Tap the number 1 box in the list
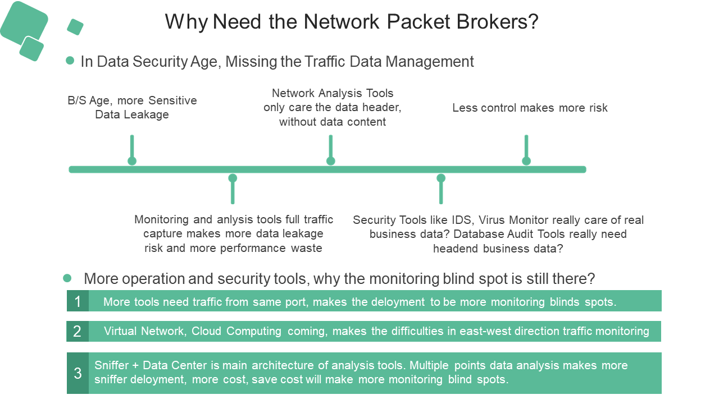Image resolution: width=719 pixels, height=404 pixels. click(78, 301)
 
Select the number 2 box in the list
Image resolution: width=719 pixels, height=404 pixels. click(78, 332)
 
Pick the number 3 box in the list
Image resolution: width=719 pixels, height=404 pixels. click(78, 373)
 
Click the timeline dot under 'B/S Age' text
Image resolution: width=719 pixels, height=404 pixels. click(132, 161)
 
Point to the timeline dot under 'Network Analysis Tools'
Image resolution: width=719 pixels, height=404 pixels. click(331, 161)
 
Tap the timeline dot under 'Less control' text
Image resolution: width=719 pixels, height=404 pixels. click(526, 161)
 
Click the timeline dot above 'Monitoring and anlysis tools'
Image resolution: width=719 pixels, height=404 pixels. click(233, 178)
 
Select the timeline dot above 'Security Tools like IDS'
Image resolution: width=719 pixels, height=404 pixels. click(441, 178)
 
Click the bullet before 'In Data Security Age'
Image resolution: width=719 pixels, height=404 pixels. click(70, 61)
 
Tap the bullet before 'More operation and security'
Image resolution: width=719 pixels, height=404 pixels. click(67, 278)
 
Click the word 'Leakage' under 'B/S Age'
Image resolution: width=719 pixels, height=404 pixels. click(148, 115)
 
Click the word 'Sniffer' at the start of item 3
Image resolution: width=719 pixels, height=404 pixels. click(112, 365)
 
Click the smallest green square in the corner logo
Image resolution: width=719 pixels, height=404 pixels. click(75, 26)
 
